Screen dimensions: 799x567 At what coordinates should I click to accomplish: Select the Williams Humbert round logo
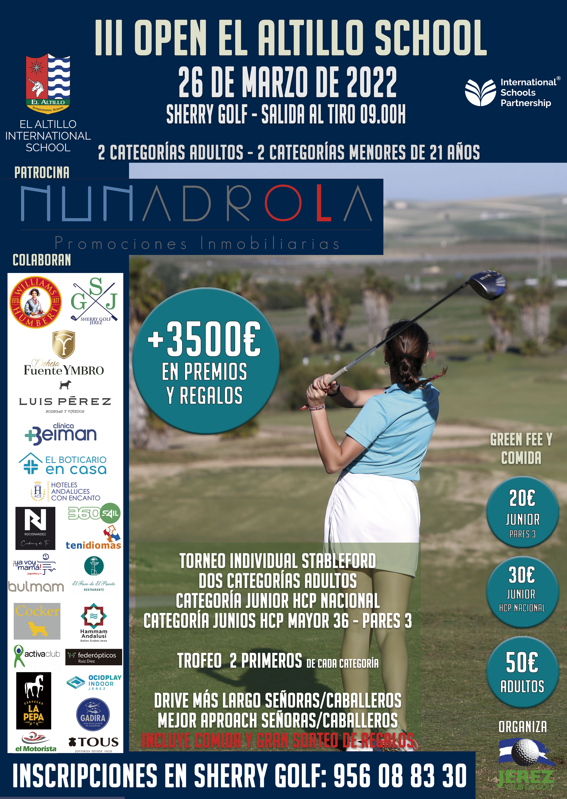(x=36, y=302)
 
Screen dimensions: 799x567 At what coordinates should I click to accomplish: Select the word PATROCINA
(x=42, y=172)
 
